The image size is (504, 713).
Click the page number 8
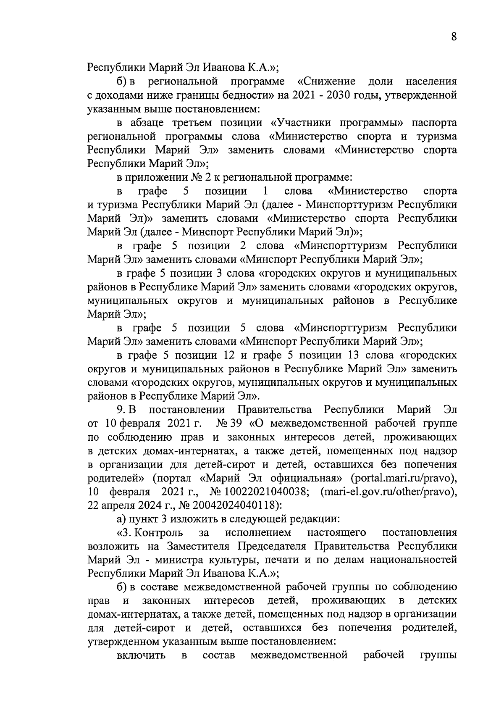(454, 37)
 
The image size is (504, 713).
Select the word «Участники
(300, 123)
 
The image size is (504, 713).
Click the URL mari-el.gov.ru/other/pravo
(388, 492)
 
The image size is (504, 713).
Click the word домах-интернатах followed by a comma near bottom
(134, 614)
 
